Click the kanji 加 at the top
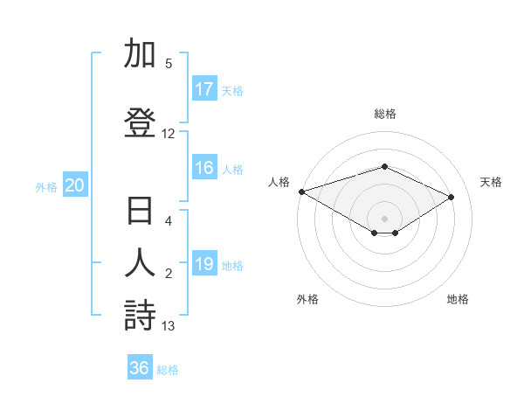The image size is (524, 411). (140, 54)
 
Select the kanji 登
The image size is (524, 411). (140, 122)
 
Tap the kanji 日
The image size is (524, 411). (140, 213)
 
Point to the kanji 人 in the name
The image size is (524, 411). (140, 265)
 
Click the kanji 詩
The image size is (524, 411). (140, 315)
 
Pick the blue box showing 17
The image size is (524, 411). (204, 89)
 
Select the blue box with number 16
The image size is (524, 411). (204, 169)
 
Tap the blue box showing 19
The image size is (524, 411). (204, 264)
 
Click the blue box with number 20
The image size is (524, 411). (75, 185)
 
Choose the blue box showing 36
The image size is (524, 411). (140, 368)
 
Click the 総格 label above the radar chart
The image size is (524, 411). (384, 114)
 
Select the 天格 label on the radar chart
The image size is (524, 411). (491, 182)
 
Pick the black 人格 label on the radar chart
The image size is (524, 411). (279, 182)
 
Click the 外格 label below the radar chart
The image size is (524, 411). (307, 299)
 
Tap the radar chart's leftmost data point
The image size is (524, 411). (301, 192)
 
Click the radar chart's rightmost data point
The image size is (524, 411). (452, 197)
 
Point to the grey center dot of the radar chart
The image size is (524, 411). (384, 218)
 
